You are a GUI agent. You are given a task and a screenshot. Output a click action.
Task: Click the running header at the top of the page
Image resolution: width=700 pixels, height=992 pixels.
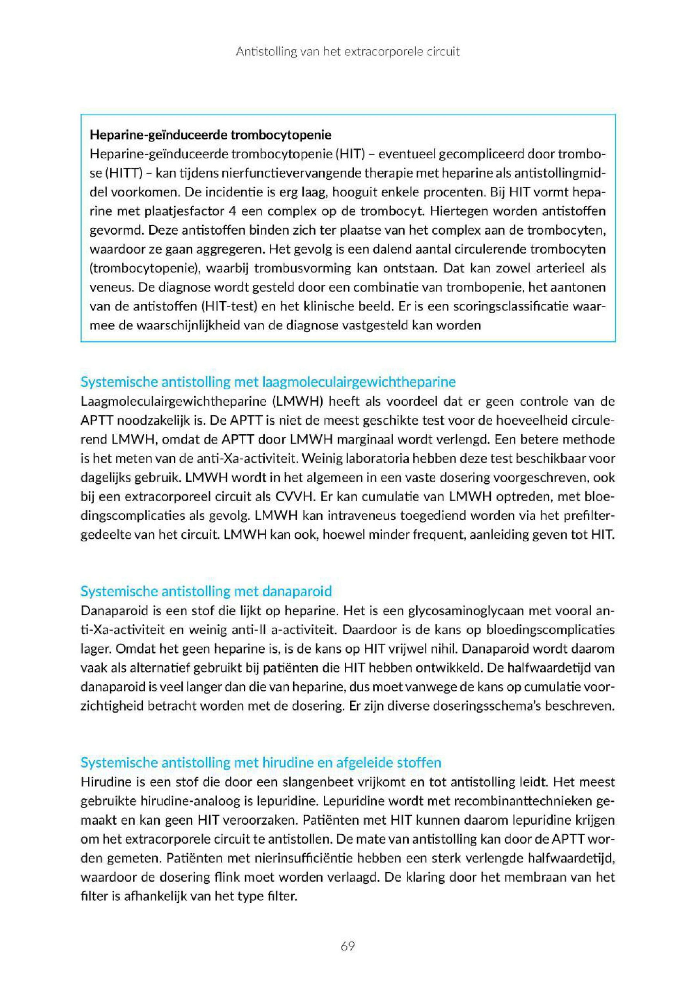[x=347, y=52]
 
